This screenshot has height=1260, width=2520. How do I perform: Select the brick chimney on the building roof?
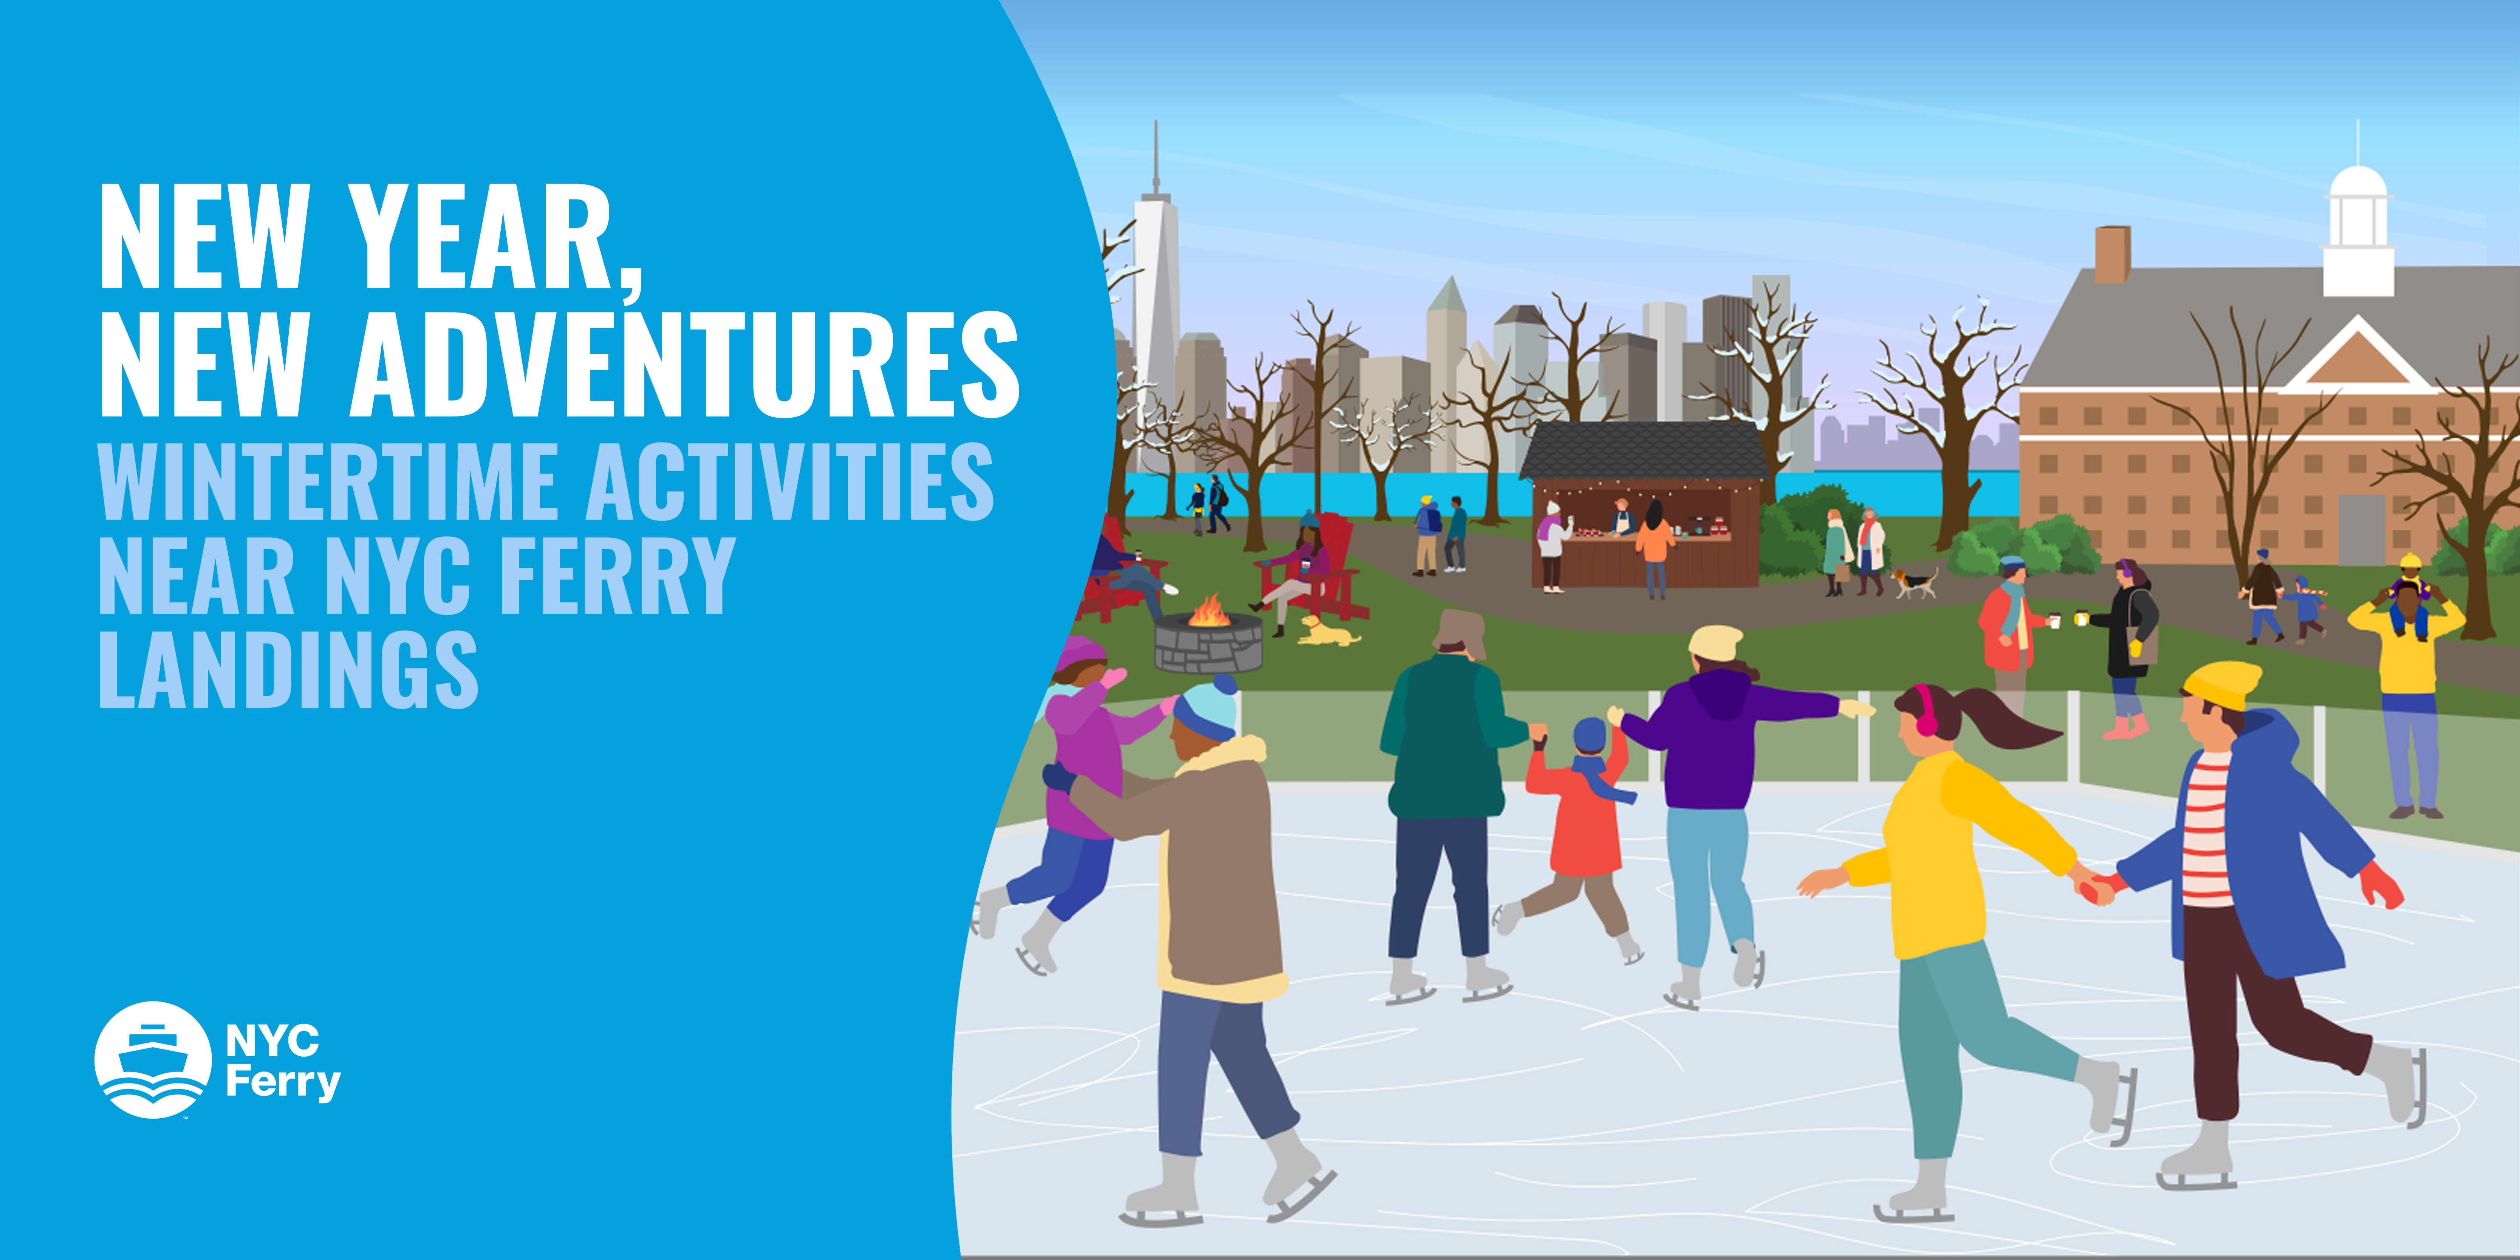(x=2112, y=254)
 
